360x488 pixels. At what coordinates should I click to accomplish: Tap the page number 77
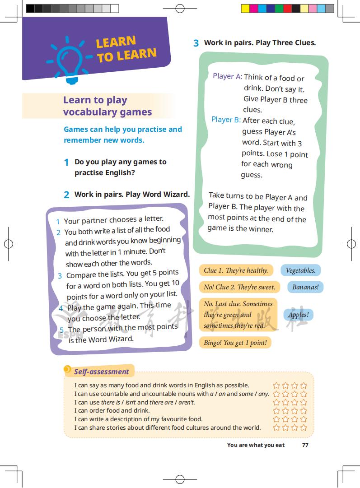click(x=305, y=445)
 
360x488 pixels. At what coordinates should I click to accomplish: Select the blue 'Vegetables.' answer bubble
click(x=300, y=270)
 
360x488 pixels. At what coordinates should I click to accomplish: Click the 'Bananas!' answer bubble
click(x=305, y=287)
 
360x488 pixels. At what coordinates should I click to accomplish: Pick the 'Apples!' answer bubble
click(x=298, y=315)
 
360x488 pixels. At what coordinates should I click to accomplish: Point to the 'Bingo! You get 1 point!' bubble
click(x=235, y=343)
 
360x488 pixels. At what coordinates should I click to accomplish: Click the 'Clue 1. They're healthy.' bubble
click(x=236, y=270)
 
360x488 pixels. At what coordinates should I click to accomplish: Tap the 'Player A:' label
click(x=227, y=76)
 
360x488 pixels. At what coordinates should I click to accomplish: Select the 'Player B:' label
click(x=226, y=120)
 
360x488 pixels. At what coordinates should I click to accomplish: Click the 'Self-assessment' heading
click(x=102, y=372)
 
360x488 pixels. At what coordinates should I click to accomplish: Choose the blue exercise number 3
click(x=196, y=43)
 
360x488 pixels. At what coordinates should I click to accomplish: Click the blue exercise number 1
click(x=66, y=163)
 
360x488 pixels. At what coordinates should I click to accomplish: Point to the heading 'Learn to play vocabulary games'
click(x=107, y=106)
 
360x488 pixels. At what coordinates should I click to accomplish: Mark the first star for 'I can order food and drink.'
click(x=276, y=411)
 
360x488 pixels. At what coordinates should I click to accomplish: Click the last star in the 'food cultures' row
click(x=304, y=428)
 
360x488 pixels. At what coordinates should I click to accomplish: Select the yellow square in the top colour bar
click(x=245, y=8)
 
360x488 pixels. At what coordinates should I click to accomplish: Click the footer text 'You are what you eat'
click(x=256, y=445)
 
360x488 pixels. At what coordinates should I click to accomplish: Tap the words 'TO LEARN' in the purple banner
click(x=126, y=55)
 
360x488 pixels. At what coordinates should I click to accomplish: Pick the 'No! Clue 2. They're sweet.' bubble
click(x=239, y=287)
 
